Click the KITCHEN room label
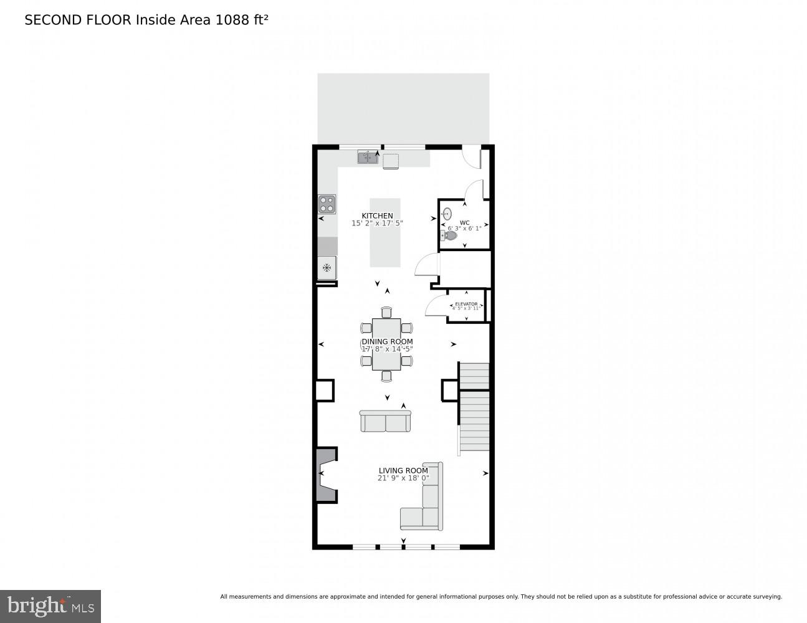(377, 216)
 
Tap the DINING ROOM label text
(387, 341)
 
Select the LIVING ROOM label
(403, 470)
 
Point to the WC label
(464, 222)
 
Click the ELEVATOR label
(466, 304)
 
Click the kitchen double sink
(368, 157)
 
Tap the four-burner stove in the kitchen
(327, 204)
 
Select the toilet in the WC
(449, 235)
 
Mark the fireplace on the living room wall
(325, 475)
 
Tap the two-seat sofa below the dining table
(386, 422)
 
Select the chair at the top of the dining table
(386, 312)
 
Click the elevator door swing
(435, 307)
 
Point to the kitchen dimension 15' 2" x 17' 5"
(377, 223)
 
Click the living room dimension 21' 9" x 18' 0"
(403, 478)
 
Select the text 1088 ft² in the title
(242, 20)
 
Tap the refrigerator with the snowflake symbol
(327, 268)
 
